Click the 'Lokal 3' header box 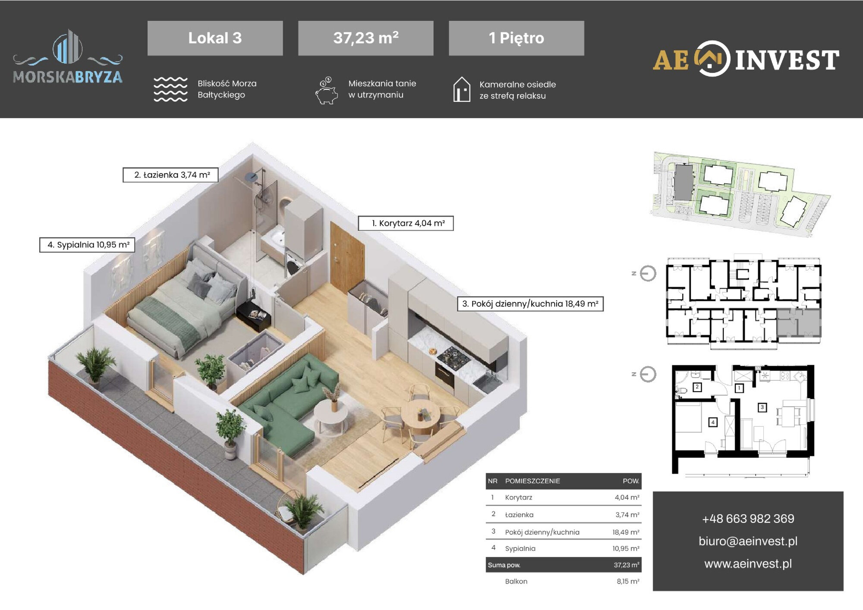tap(215, 38)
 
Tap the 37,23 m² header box tap(365, 38)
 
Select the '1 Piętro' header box tap(517, 38)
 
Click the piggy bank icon tap(326, 91)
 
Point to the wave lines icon tap(170, 89)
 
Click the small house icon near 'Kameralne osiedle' tap(462, 89)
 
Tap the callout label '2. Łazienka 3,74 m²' tap(170, 175)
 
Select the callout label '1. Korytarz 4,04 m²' tap(406, 223)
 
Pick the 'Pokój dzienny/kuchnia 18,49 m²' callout tap(530, 303)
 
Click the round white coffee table tap(331, 414)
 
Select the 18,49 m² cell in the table tap(626, 532)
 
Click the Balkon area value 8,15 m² tap(628, 582)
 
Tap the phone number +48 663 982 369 tap(748, 518)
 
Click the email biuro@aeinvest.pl tap(748, 541)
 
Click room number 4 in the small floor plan tap(713, 422)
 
